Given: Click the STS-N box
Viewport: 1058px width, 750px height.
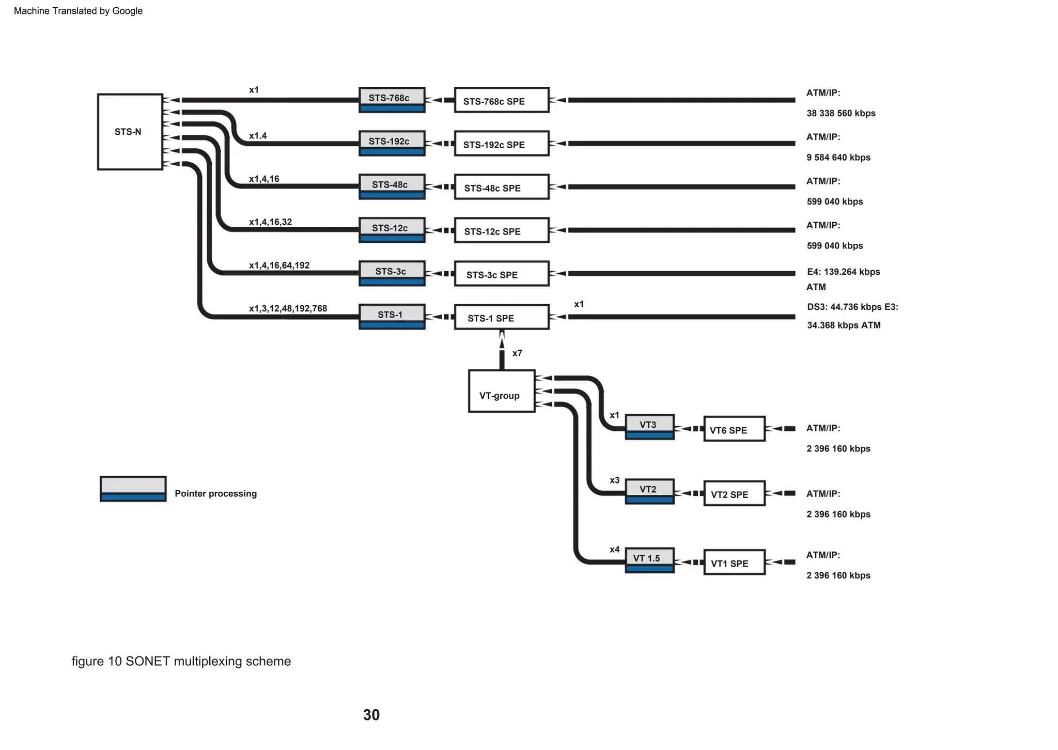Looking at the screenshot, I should pyautogui.click(x=130, y=132).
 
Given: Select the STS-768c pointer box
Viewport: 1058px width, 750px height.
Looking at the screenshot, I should pyautogui.click(x=392, y=100).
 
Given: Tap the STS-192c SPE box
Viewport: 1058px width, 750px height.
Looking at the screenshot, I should pyautogui.click(x=501, y=144).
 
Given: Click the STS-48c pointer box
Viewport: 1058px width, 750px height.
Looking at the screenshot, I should pyautogui.click(x=392, y=186).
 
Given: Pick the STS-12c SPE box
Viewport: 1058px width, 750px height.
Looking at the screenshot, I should pyautogui.click(x=501, y=230).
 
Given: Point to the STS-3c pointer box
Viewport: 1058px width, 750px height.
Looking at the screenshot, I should pyautogui.click(x=392, y=273).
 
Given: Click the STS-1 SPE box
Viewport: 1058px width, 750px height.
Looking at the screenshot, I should pyautogui.click(x=501, y=317).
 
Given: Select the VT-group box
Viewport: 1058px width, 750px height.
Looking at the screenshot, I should pyautogui.click(x=501, y=391).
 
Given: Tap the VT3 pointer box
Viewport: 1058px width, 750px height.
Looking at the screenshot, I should pyautogui.click(x=649, y=427).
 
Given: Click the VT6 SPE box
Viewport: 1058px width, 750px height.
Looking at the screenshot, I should pyautogui.click(x=734, y=429).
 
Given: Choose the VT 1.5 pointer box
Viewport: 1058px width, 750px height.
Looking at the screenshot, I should pyautogui.click(x=649, y=560).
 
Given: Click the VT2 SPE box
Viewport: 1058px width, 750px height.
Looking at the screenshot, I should pyautogui.click(x=734, y=493).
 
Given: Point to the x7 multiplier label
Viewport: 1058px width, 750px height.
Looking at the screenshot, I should pyautogui.click(x=517, y=353).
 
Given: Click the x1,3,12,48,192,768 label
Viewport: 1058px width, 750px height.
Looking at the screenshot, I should pyautogui.click(x=288, y=308).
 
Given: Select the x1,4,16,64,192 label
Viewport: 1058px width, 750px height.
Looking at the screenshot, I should pyautogui.click(x=279, y=265).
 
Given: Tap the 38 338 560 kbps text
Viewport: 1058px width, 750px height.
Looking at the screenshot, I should pyautogui.click(x=841, y=113).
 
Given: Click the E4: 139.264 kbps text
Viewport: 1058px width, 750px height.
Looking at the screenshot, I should pyautogui.click(x=843, y=272).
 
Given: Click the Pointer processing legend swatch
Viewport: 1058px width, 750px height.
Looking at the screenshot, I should pyautogui.click(x=133, y=489).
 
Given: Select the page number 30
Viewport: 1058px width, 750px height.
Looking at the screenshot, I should pyautogui.click(x=371, y=715).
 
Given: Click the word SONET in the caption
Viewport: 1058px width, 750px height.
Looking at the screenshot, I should pyautogui.click(x=147, y=661).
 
